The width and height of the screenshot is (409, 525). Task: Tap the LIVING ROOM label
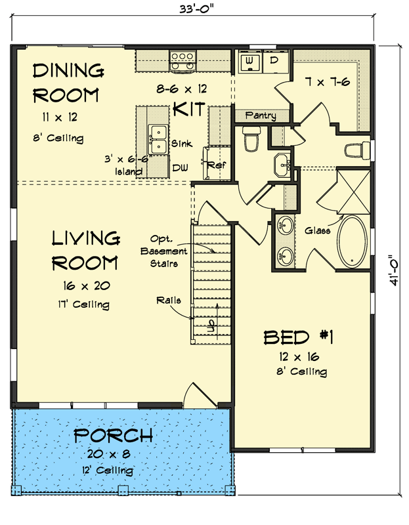tap(85, 250)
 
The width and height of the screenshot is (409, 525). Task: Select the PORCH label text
tap(113, 435)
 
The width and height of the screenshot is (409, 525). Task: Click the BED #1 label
tap(299, 338)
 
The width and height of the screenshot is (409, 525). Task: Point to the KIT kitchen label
tap(190, 109)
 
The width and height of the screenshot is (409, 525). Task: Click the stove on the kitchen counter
tap(182, 61)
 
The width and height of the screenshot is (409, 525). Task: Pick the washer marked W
tap(250, 62)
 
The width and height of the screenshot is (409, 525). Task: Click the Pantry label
tap(260, 116)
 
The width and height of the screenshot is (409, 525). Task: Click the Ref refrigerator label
tap(216, 166)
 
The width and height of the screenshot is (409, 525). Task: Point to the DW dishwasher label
tap(180, 168)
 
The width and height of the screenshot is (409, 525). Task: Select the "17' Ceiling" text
tap(83, 304)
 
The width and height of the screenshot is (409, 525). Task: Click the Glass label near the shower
tap(318, 230)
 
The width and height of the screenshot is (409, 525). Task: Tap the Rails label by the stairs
tap(168, 300)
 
